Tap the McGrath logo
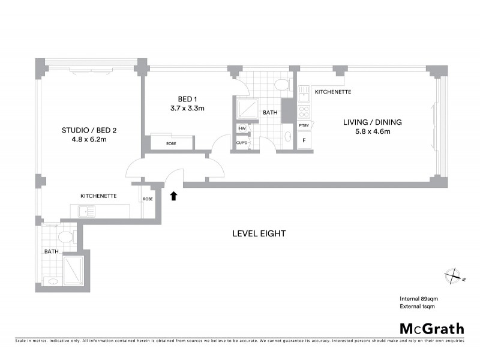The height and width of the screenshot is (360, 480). click(x=431, y=328)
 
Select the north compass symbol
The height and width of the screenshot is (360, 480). click(x=454, y=276)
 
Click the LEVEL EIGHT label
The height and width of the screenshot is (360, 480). click(x=259, y=233)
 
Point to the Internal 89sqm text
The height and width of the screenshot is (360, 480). click(x=418, y=299)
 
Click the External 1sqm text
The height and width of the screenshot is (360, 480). click(x=417, y=306)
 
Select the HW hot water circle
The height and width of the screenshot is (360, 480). click(x=242, y=128)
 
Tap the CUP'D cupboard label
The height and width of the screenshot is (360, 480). click(x=242, y=143)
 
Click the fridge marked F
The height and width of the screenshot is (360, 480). click(x=304, y=141)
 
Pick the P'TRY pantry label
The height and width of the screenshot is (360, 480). click(x=304, y=125)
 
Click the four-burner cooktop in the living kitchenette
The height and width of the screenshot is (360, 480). click(x=304, y=111)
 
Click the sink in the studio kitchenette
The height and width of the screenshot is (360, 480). click(x=84, y=210)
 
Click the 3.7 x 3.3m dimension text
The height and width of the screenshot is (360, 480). click(x=187, y=109)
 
